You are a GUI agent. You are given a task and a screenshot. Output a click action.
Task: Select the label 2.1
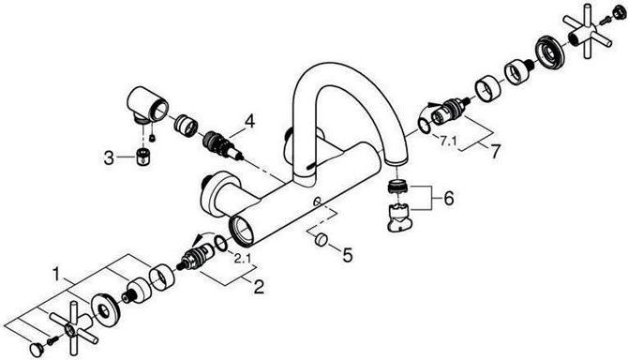pos(241,257)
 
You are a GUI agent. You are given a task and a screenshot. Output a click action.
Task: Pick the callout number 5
pos(347,254)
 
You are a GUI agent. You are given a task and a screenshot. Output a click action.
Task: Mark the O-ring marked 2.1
pos(219,246)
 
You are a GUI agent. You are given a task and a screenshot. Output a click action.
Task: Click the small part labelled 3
pos(143,156)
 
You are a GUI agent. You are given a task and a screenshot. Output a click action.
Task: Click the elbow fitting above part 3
pos(148,107)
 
